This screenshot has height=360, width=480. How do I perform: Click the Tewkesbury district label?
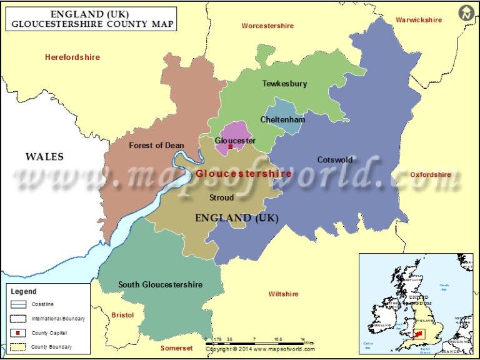284,83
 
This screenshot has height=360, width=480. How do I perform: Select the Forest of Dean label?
156,145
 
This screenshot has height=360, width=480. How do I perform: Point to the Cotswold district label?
335,159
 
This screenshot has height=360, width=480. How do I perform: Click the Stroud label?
221,197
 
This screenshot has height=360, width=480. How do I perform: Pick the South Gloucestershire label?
160,284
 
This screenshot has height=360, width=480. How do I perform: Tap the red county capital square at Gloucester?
230,147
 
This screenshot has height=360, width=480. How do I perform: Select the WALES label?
44,156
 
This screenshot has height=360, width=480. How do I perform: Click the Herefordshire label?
72,57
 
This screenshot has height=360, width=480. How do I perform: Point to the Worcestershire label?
267,26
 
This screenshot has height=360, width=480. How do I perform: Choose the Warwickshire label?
419,20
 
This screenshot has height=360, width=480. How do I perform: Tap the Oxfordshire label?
431,175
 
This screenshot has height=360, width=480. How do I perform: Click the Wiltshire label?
283,294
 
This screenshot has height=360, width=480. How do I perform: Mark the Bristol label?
122,315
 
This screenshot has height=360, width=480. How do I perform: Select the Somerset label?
177,348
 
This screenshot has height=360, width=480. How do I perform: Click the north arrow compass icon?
466,12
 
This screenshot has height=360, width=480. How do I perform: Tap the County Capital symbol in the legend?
19,332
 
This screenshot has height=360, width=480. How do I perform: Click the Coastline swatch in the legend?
19,304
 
